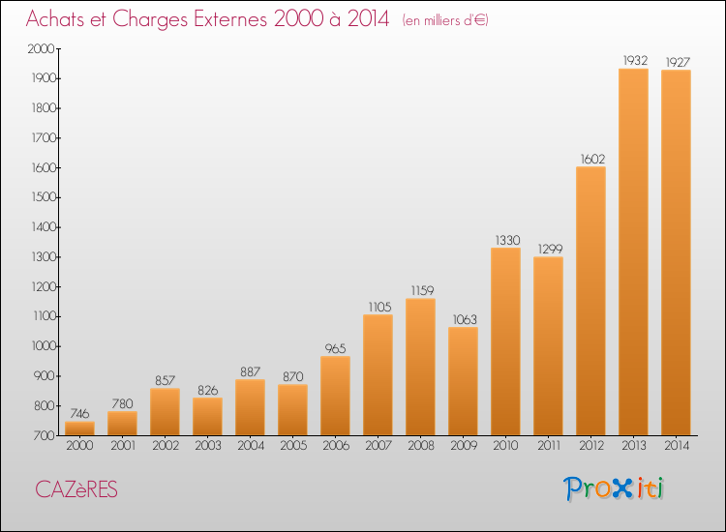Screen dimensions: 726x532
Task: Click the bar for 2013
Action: click(633, 252)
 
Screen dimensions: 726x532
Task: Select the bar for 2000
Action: click(79, 429)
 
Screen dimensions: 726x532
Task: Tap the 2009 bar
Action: click(463, 381)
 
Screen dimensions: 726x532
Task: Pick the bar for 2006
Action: click(335, 396)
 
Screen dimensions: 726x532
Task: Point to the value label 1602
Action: click(592, 160)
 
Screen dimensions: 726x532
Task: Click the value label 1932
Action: click(635, 61)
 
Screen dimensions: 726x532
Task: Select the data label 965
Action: click(335, 348)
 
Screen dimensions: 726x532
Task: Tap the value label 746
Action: click(79, 414)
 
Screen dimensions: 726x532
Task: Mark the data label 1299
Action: click(550, 250)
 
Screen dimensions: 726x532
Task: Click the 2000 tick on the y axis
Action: click(42, 48)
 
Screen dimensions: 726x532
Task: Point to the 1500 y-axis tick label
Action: click(43, 197)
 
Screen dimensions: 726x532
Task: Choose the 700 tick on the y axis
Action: click(45, 435)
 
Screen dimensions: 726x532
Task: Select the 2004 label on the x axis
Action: click(251, 446)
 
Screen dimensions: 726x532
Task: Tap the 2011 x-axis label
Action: click(549, 446)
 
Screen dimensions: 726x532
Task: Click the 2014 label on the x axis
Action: click(677, 446)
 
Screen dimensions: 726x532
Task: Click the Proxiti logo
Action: click(614, 488)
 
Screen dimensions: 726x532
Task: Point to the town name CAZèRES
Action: click(76, 489)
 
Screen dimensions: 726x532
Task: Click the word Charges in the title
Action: click(150, 19)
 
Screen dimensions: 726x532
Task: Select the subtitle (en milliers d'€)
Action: click(445, 20)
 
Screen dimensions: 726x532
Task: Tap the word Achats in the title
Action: click(55, 18)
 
